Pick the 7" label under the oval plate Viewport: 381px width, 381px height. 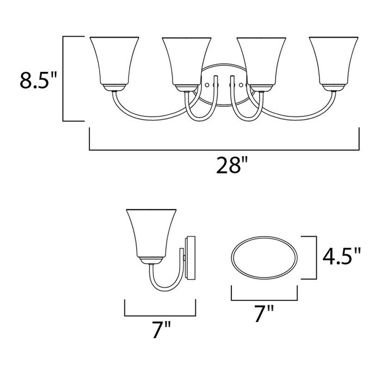(265, 314)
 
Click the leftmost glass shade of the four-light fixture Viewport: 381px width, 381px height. (112, 61)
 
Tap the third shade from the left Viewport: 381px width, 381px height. (262, 61)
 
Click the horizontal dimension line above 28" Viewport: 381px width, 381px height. (224, 149)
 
